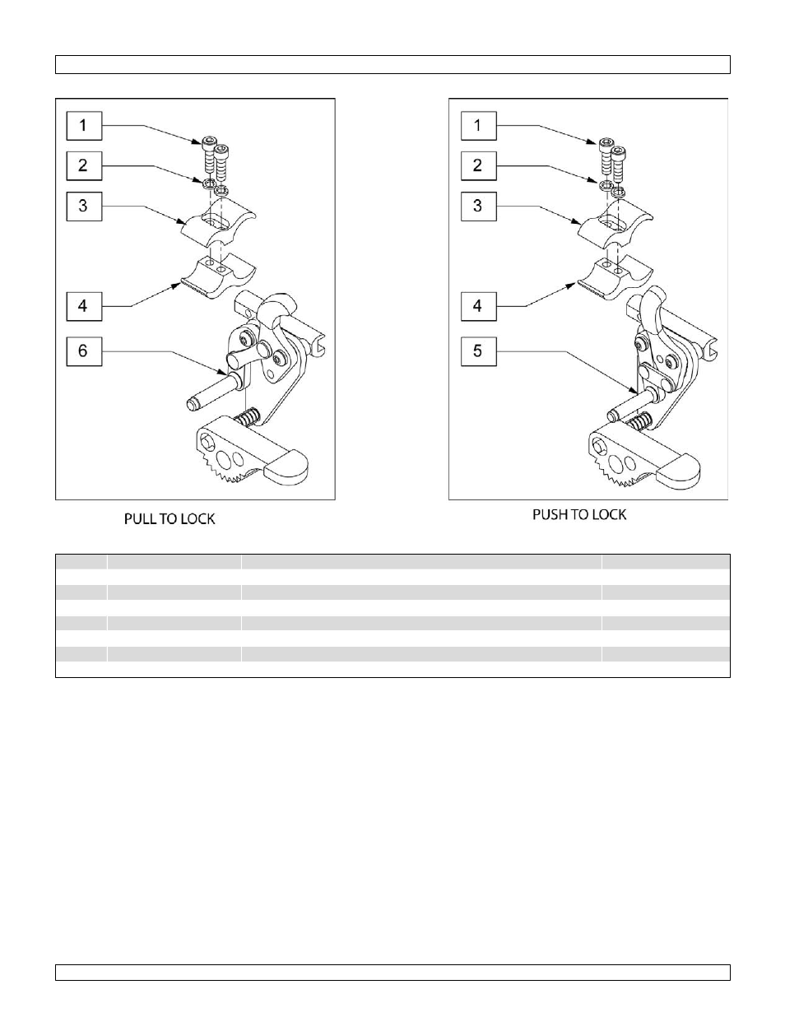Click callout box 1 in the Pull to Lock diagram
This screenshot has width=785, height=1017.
coord(83,126)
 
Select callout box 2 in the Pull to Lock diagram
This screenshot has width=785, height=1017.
coord(83,165)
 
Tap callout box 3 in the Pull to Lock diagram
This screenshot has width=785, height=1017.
coord(83,205)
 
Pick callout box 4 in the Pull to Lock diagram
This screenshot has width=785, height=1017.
coord(83,306)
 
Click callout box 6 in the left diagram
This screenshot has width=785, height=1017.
coord(83,351)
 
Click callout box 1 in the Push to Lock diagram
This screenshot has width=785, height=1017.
coord(477,126)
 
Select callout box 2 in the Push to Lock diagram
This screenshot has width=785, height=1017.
coord(477,165)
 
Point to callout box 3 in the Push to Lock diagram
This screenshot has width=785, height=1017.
coord(477,205)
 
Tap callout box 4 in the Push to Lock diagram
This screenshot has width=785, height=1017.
coord(477,306)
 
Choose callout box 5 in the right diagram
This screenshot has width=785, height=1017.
coord(477,351)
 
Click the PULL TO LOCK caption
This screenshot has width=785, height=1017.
coord(170,519)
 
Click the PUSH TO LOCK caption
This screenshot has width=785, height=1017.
coord(579,514)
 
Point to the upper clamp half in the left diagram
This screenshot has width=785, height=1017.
coord(218,227)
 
